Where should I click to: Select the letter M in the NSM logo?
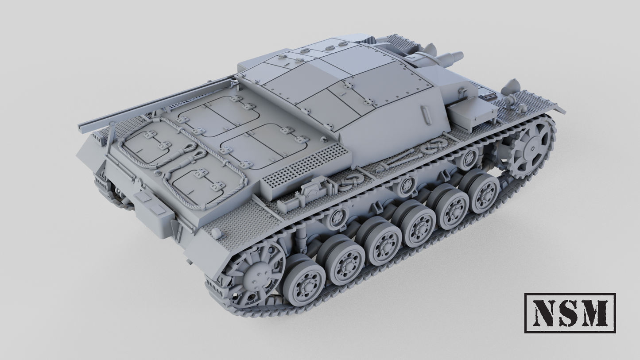click(x=594, y=313)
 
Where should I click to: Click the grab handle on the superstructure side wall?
click(x=426, y=115)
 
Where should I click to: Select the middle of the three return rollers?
click(x=406, y=186)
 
